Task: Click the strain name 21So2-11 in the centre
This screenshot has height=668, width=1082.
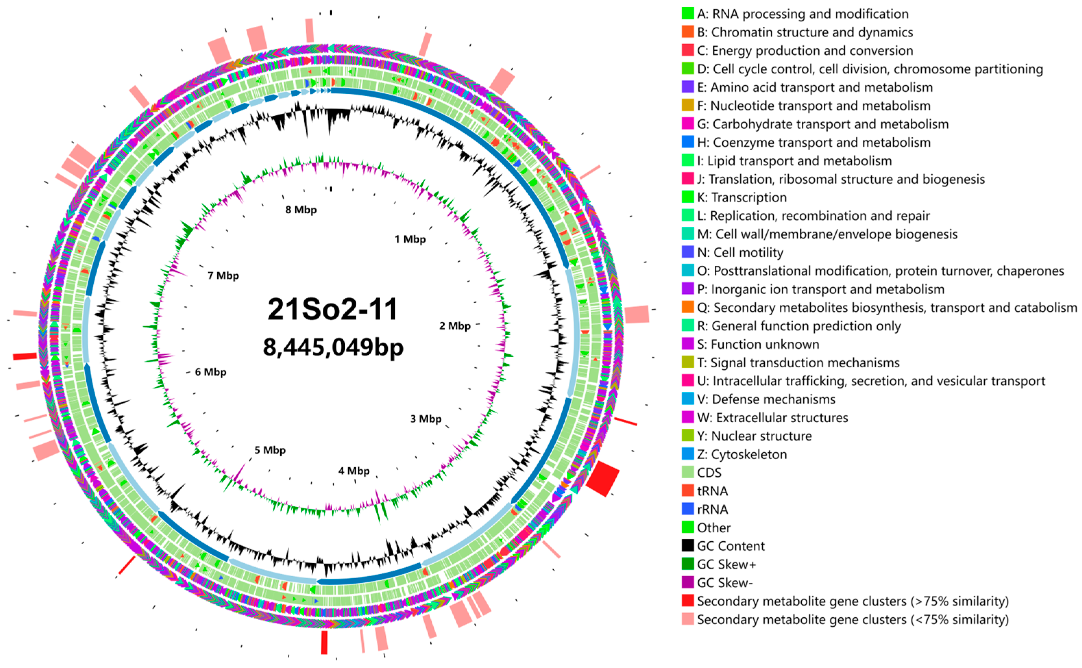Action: pyautogui.click(x=332, y=309)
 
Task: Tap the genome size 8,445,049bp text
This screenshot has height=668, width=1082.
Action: pyautogui.click(x=333, y=347)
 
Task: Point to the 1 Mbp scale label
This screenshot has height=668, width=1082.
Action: pyautogui.click(x=410, y=239)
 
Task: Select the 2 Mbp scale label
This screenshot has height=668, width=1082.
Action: pyautogui.click(x=454, y=326)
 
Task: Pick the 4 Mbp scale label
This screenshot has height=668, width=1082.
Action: pyautogui.click(x=354, y=471)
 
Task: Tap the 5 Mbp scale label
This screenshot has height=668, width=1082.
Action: pyautogui.click(x=270, y=450)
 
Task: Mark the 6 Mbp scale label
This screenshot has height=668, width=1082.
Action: pyautogui.click(x=210, y=372)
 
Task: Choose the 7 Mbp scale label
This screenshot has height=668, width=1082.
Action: pyautogui.click(x=223, y=276)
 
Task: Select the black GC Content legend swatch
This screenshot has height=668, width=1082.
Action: pyautogui.click(x=687, y=546)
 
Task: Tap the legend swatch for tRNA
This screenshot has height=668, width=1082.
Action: pyautogui.click(x=687, y=491)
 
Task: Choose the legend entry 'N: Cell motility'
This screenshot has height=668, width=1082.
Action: pyautogui.click(x=740, y=253)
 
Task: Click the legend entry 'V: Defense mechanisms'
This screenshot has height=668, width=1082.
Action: pyautogui.click(x=766, y=399)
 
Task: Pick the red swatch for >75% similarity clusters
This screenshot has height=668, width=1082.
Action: pyautogui.click(x=687, y=601)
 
